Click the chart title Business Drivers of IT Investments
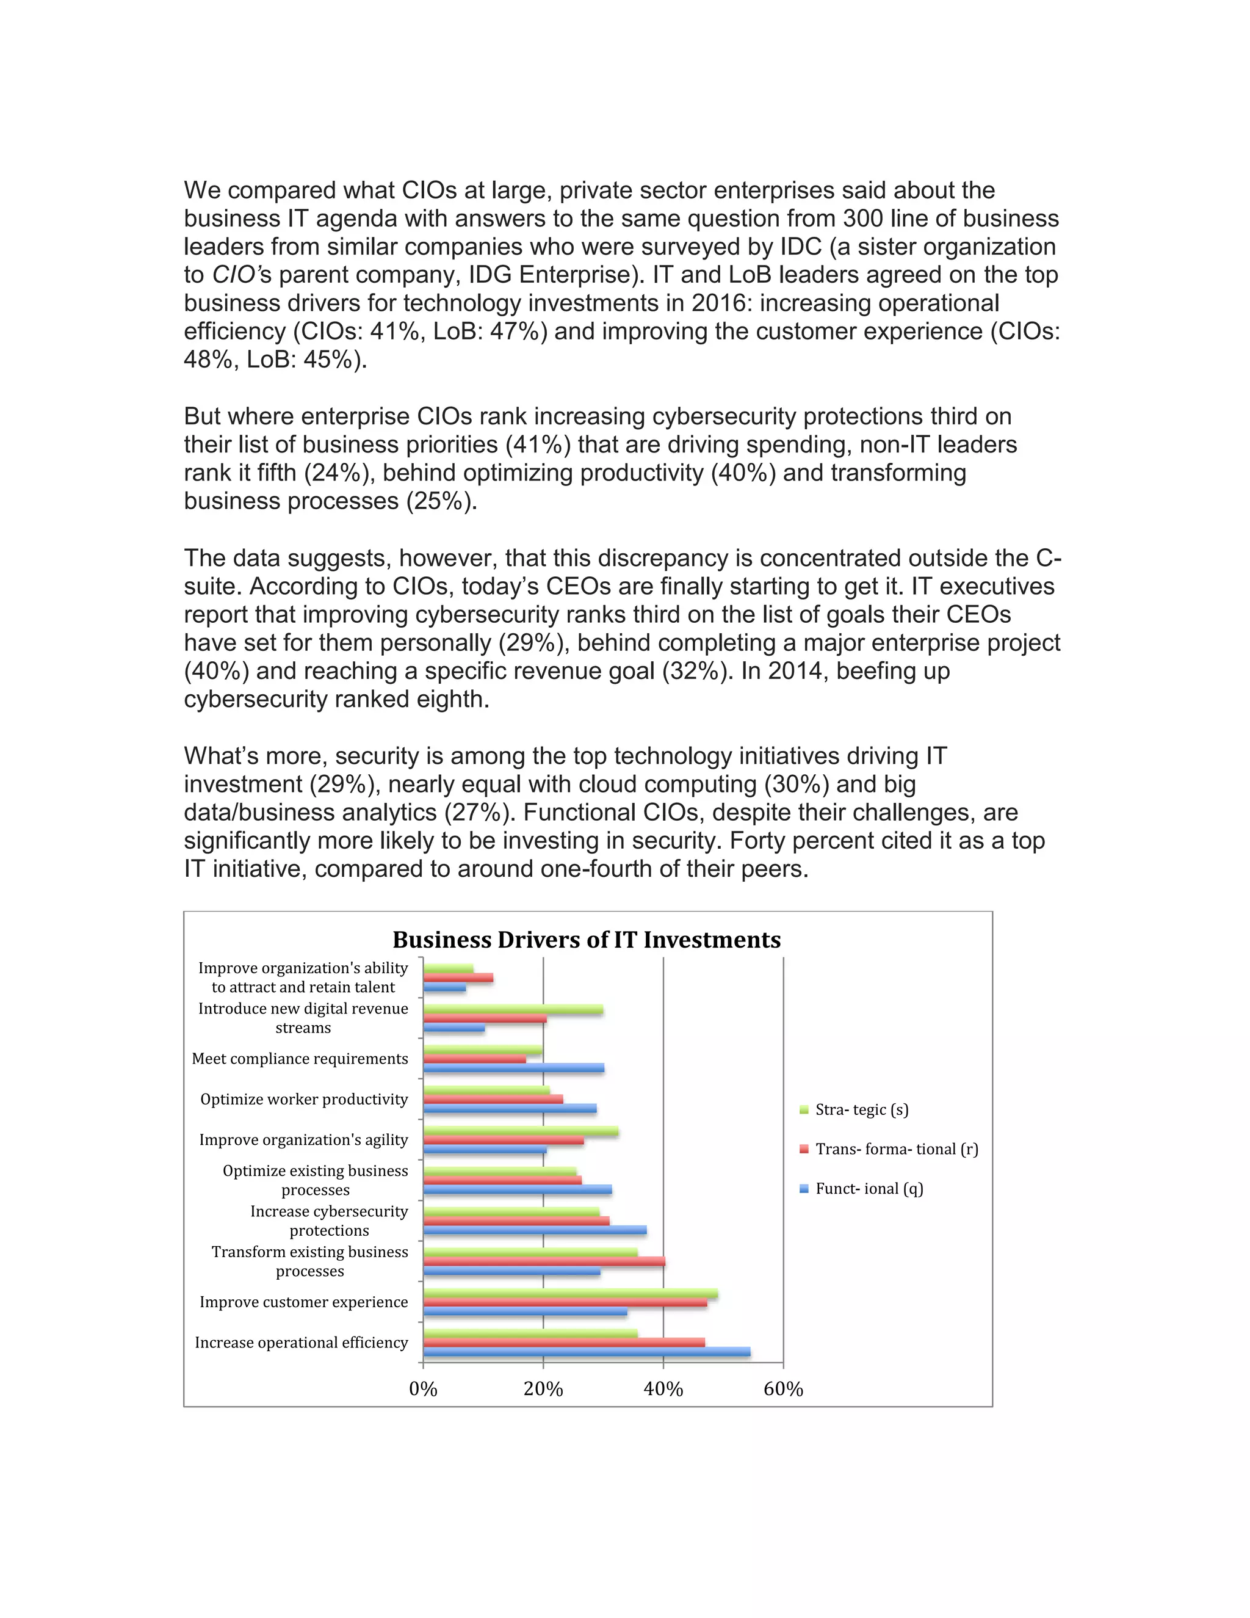586,940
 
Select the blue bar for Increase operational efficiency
586,1352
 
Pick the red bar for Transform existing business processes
544,1261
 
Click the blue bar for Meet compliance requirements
513,1067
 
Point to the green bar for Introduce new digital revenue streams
513,1010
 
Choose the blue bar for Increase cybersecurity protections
534,1230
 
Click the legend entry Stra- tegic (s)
861,1109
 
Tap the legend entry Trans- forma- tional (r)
896,1149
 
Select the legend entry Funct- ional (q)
869,1188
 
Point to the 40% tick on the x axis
663,1389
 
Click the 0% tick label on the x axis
423,1389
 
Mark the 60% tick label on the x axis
782,1389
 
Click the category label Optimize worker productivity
303,1098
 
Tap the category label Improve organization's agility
303,1139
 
